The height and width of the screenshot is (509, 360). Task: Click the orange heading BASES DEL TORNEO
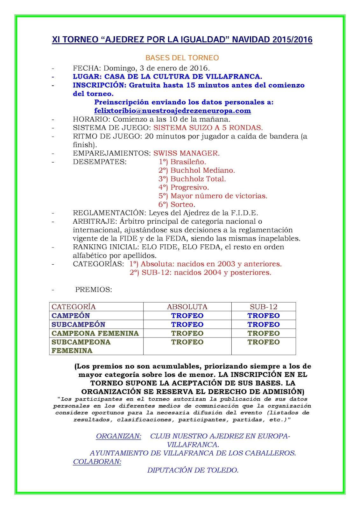click(x=182, y=58)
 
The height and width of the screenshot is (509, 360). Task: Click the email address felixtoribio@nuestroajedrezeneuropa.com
click(x=173, y=111)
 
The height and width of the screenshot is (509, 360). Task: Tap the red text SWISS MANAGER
click(x=187, y=153)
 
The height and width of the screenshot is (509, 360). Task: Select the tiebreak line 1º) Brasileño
click(x=182, y=162)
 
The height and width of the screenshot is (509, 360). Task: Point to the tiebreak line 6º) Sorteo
click(x=177, y=205)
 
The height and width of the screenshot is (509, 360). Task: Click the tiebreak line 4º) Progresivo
click(x=184, y=187)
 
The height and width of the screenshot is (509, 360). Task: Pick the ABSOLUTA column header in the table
click(x=187, y=307)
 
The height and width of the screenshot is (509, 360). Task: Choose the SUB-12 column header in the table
click(x=264, y=307)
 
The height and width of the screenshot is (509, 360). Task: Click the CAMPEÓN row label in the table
click(x=71, y=316)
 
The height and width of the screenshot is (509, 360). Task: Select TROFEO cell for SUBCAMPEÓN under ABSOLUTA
click(x=187, y=324)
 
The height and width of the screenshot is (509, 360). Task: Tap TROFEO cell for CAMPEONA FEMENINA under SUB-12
click(x=264, y=333)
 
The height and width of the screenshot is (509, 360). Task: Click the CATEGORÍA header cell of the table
click(x=74, y=307)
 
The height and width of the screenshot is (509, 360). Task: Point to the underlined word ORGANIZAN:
click(x=119, y=436)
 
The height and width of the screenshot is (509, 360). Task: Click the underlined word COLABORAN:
click(x=97, y=462)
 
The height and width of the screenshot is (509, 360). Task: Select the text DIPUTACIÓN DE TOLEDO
click(x=193, y=470)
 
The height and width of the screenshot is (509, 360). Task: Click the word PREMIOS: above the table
click(x=94, y=290)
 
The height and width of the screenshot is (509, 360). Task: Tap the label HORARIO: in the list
click(x=92, y=119)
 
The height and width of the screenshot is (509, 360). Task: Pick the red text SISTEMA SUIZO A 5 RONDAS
click(x=208, y=128)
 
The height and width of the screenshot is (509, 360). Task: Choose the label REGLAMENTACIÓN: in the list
click(x=109, y=213)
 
